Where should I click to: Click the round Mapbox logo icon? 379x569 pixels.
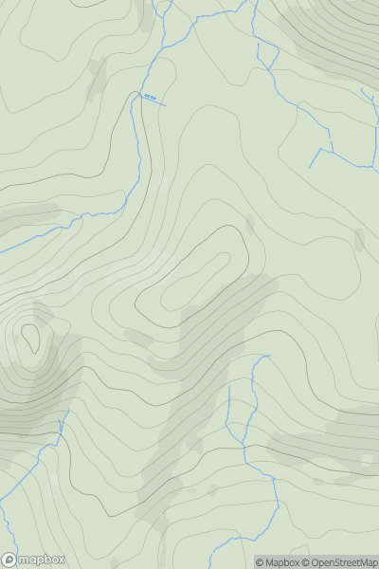9,560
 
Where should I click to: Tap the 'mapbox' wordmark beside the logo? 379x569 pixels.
42,560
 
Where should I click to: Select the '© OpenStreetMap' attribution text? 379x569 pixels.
339,562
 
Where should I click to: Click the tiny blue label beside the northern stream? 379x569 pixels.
150,95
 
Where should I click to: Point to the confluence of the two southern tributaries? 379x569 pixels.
244,445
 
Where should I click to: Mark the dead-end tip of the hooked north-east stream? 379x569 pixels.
310,168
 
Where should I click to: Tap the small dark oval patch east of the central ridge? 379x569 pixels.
250,224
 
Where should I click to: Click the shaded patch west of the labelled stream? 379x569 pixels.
97,81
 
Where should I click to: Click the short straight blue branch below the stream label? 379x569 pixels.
157,101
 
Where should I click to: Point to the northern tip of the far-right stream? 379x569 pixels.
362,89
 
